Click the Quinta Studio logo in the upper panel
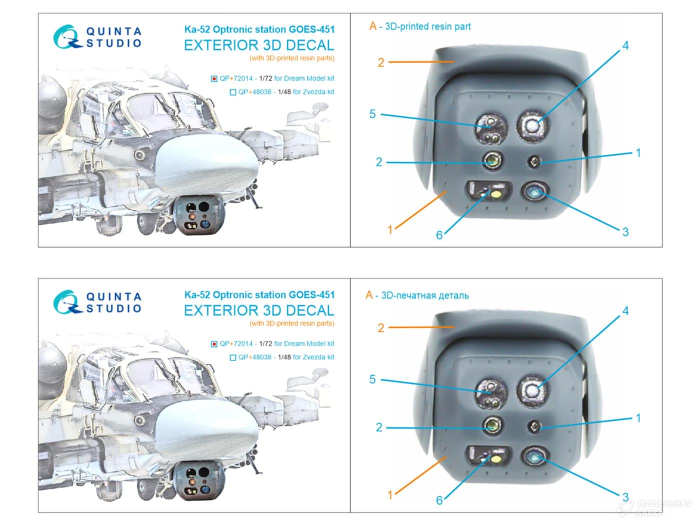[x=97, y=37]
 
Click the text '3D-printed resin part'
[x=427, y=26]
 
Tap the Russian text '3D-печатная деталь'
[x=425, y=295]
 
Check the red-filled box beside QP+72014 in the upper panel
[x=214, y=78]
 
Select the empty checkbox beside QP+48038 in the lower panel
[x=233, y=357]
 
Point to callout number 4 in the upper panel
[x=625, y=45]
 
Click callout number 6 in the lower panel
[x=439, y=500]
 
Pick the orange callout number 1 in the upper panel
[x=389, y=229]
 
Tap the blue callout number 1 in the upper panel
[x=638, y=152]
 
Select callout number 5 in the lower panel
[x=372, y=379]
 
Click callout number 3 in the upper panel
[x=625, y=231]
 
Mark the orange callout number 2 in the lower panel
[x=381, y=327]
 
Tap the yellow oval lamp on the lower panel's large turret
[x=495, y=459]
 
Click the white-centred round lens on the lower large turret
[x=532, y=390]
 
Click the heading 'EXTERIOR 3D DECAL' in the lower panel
[x=259, y=310]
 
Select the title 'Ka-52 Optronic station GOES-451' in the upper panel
[x=259, y=29]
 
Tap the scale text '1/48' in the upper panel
[x=284, y=92]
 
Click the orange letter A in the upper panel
[x=373, y=26]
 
